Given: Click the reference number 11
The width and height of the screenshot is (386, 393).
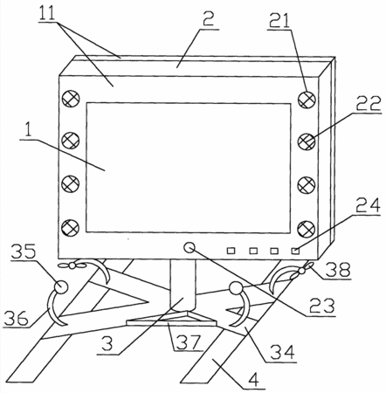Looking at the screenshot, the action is coord(47,13).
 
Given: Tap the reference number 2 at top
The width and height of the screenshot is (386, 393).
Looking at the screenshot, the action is coord(209,18).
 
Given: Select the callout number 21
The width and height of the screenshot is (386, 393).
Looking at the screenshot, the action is coord(279,20).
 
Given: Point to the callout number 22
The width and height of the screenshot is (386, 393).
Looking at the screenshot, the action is coord(368,103).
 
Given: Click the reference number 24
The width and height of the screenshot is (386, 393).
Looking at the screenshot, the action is coord(368,205).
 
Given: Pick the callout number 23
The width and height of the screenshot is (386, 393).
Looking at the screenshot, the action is coord(322,306).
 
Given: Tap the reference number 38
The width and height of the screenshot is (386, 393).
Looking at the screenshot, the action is coord(338,269).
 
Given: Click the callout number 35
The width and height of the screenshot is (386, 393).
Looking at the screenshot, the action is coord(24,251).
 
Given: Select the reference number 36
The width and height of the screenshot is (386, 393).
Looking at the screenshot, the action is coord(17,318).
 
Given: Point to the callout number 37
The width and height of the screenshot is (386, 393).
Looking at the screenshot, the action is coord(190,342).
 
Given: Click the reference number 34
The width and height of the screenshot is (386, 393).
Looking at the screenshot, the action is coord(282,352).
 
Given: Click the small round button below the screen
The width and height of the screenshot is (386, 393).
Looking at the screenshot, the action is coord(190,248).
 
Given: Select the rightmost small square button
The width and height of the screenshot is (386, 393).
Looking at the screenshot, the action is coord(295,251).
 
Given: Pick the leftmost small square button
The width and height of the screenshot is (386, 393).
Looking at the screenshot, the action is coord(231,251).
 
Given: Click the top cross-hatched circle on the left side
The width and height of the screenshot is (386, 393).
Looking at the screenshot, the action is coord(71,99).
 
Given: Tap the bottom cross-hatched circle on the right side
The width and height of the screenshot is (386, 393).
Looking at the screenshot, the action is coord(307,229).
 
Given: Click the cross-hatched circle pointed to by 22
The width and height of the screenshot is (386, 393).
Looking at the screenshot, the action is coord(307,141).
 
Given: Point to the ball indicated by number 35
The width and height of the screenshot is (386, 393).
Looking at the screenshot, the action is coord(61,287).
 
